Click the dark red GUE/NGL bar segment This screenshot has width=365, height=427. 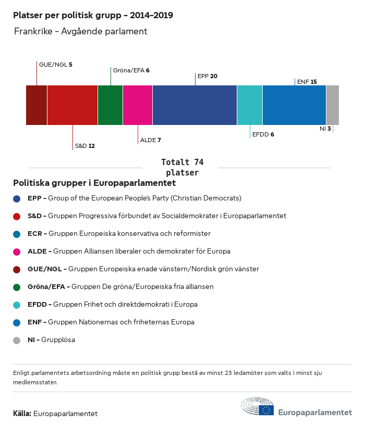coord(36,105)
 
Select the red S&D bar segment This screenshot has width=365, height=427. coord(72,105)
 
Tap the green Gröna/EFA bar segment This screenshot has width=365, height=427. coord(110,105)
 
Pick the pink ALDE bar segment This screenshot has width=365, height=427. coord(138,105)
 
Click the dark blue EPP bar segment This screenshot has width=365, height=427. coord(194,105)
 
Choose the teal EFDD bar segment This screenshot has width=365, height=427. coord(250,105)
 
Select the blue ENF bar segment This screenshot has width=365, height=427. coord(294,105)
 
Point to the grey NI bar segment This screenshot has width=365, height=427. coord(332,105)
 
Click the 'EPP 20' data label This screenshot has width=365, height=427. coord(208,76)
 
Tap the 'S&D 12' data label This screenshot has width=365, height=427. coord(84,146)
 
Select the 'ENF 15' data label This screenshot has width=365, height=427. coord(307,82)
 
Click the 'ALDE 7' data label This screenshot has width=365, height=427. coord(151,140)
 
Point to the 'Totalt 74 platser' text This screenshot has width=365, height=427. coord(182,167)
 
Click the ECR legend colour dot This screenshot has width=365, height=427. coord(17,234)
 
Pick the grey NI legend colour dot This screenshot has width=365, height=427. coord(17,340)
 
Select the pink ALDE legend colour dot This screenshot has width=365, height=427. coord(17,252)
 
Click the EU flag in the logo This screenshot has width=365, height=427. coord(266,410)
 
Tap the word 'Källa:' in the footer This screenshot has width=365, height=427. coord(22,414)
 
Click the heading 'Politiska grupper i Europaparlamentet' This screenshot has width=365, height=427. coord(94,183)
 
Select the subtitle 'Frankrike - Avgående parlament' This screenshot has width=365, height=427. coord(81,31)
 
